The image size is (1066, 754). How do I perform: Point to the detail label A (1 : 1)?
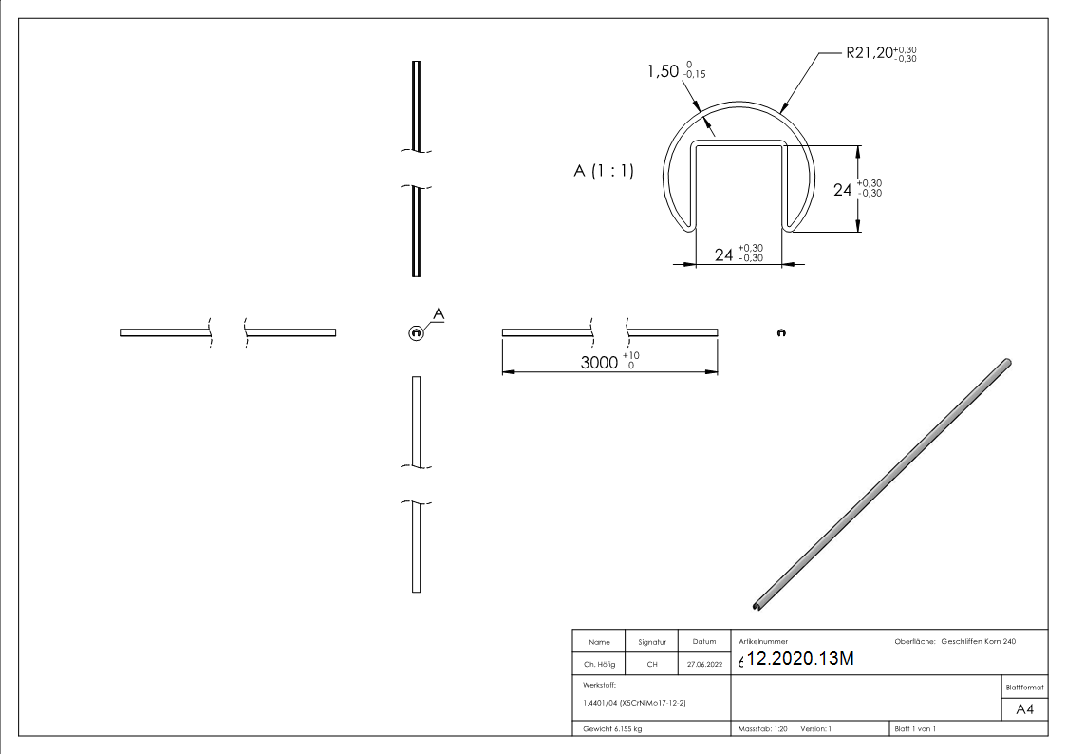(x=603, y=172)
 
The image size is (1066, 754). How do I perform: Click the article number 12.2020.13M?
(x=802, y=660)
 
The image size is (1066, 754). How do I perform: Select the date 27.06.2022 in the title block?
(x=703, y=665)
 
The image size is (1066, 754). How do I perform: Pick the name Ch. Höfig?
(x=598, y=665)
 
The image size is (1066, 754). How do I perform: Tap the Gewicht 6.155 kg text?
(x=612, y=729)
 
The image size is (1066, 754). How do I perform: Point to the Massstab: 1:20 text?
(x=763, y=729)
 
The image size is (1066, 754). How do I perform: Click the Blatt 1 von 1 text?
(x=915, y=729)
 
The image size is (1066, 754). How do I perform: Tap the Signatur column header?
(x=652, y=643)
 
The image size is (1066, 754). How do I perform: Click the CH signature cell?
(x=652, y=665)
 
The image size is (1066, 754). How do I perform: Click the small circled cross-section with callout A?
(x=415, y=331)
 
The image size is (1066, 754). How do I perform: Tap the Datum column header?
(x=703, y=643)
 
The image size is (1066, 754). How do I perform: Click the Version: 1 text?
(x=816, y=729)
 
